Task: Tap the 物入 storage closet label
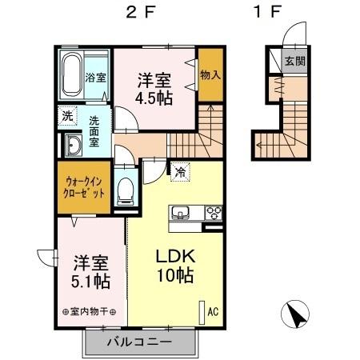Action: click(211, 74)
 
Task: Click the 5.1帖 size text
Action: click(91, 282)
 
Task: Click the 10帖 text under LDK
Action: click(173, 278)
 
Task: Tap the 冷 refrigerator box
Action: click(180, 170)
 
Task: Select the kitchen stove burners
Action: click(214, 214)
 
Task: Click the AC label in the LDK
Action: click(213, 310)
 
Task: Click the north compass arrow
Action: click(298, 315)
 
